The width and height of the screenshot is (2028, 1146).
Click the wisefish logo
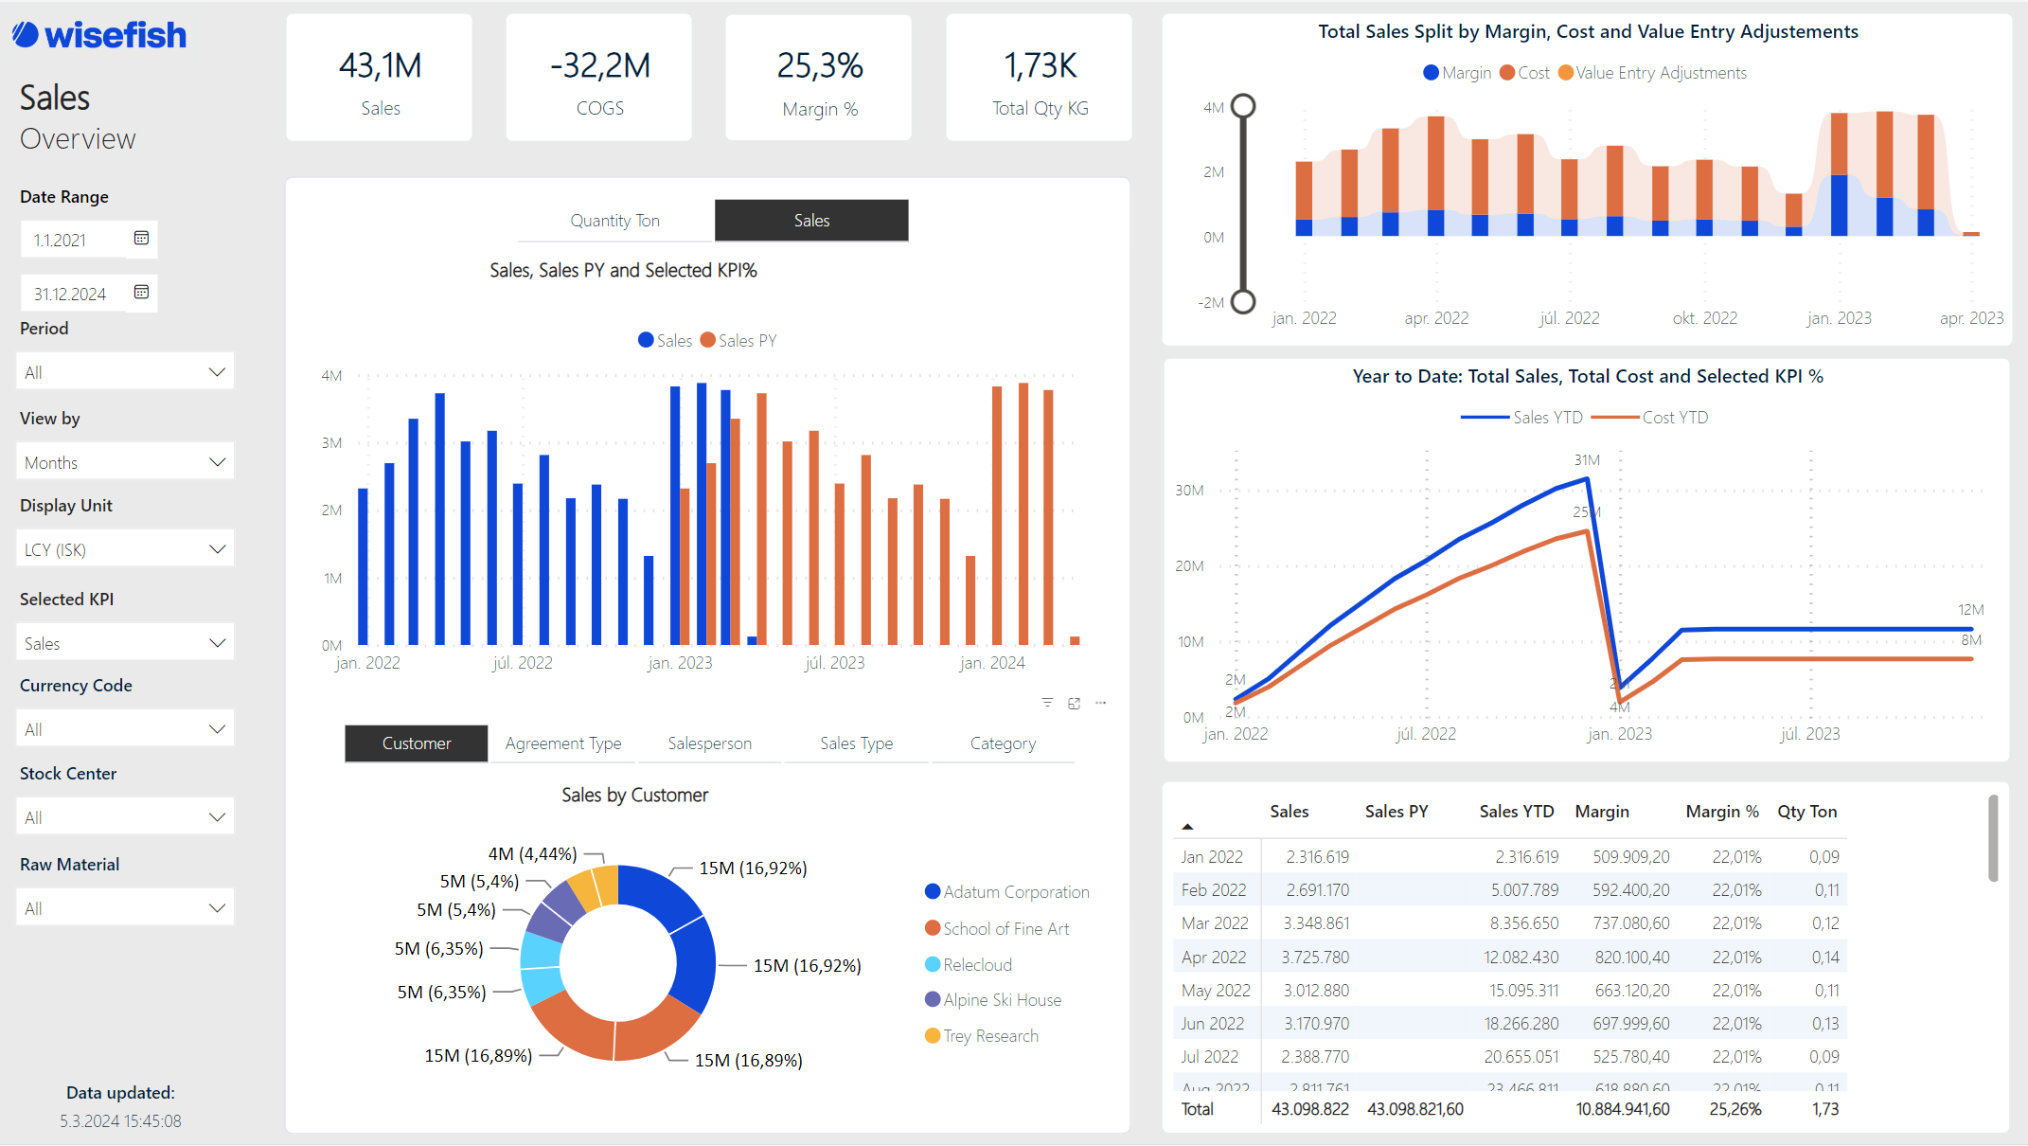(99, 35)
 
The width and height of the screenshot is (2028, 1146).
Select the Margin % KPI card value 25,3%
(819, 65)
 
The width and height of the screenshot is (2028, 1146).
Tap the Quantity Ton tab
(614, 221)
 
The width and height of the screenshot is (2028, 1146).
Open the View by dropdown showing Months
(125, 462)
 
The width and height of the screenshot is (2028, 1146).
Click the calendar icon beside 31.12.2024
(141, 292)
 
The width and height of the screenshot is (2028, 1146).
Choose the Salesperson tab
(709, 743)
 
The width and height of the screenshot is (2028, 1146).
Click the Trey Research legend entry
(989, 1036)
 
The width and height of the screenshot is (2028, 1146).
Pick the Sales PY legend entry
(746, 341)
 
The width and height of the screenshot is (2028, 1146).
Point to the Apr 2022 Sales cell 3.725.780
(1315, 958)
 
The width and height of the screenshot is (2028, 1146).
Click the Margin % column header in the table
(1721, 812)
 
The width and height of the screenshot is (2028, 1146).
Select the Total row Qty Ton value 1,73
(1824, 1109)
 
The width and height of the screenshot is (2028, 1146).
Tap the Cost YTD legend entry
(1674, 418)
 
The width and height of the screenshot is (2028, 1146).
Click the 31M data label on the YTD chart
(1587, 460)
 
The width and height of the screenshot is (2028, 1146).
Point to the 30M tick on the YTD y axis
(1189, 491)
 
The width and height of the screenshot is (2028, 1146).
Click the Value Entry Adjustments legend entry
(1660, 73)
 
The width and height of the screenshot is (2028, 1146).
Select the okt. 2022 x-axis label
(1704, 318)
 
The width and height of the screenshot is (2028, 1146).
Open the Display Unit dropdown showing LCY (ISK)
(125, 549)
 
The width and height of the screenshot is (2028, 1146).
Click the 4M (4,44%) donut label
(532, 854)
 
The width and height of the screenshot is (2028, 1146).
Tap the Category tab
(1003, 743)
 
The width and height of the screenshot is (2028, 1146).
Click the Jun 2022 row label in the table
(1212, 1024)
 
